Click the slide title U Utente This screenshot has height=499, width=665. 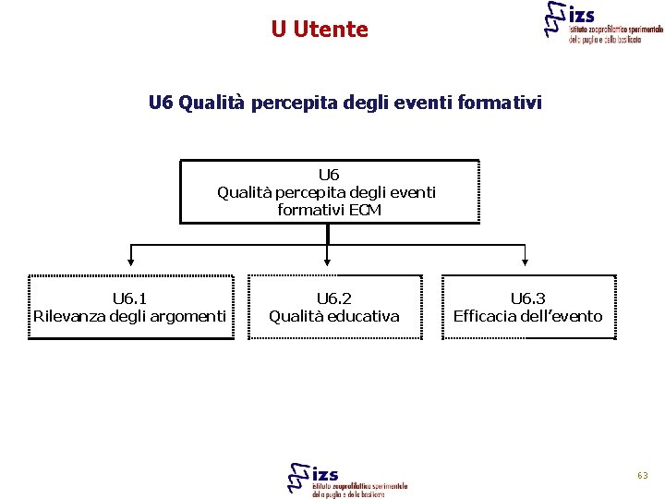(x=320, y=30)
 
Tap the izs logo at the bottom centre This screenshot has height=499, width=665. (x=347, y=479)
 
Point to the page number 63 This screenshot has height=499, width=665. (x=642, y=475)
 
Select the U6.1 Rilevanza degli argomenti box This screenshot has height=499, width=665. (x=130, y=308)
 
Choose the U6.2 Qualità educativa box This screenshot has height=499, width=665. (x=334, y=308)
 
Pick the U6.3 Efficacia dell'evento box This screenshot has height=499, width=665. (x=527, y=308)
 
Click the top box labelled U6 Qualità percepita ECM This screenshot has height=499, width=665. (x=329, y=191)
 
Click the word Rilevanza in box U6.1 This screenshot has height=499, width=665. (x=70, y=317)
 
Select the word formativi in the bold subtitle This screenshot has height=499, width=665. (x=495, y=102)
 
